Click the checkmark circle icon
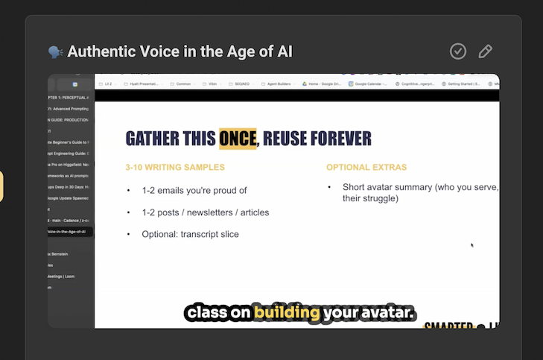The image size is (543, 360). (x=458, y=51)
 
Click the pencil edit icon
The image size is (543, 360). (x=485, y=51)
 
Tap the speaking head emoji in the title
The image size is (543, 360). (x=56, y=52)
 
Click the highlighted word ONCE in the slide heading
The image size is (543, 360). (x=238, y=139)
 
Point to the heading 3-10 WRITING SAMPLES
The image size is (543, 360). (x=175, y=167)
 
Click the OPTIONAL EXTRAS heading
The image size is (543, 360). (x=366, y=167)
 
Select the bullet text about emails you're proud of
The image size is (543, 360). (x=194, y=191)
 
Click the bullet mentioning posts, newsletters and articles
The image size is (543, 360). (x=206, y=212)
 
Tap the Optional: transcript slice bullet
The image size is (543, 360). (x=191, y=234)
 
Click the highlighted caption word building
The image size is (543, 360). (x=287, y=312)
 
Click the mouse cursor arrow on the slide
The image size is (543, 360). (x=471, y=244)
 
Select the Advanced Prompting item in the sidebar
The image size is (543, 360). (x=70, y=109)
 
